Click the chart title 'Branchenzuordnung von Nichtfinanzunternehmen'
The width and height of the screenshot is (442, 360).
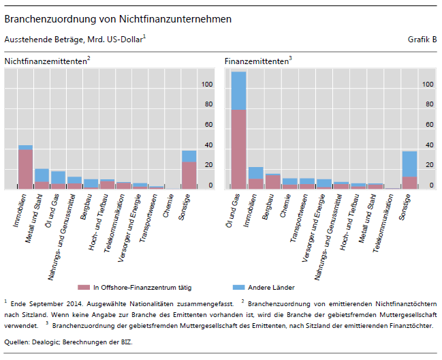click(118, 19)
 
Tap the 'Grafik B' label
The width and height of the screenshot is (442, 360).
click(422, 40)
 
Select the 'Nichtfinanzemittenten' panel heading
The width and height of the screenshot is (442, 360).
click(46, 61)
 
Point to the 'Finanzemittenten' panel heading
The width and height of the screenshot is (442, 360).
click(257, 61)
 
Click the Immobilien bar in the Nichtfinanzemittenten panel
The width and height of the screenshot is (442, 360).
click(25, 167)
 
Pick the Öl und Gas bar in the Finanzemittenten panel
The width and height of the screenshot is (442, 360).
click(238, 130)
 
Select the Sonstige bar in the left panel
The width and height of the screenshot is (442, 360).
click(189, 170)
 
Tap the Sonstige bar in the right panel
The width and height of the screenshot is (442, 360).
click(409, 170)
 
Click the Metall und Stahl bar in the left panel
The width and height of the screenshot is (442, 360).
click(42, 179)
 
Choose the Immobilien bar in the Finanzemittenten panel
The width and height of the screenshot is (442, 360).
click(255, 178)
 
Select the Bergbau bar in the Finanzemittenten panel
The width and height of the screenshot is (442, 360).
click(272, 181)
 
